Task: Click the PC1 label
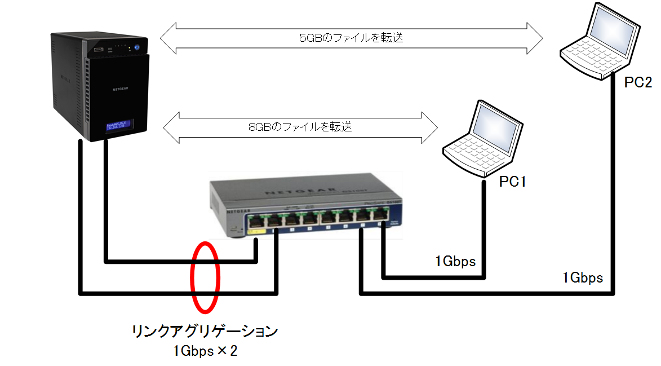[x=512, y=182]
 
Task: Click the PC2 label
[x=638, y=82]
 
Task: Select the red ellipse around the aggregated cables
[x=205, y=276]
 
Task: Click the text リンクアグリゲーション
[x=205, y=331]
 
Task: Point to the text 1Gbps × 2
[x=205, y=351]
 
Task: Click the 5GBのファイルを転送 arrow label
[x=351, y=38]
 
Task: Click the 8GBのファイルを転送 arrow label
[x=300, y=126]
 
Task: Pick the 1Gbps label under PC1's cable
[x=455, y=262]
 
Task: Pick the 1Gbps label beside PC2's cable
[x=583, y=277]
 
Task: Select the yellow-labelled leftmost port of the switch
[x=256, y=220]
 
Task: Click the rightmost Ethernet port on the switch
[x=381, y=215]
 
